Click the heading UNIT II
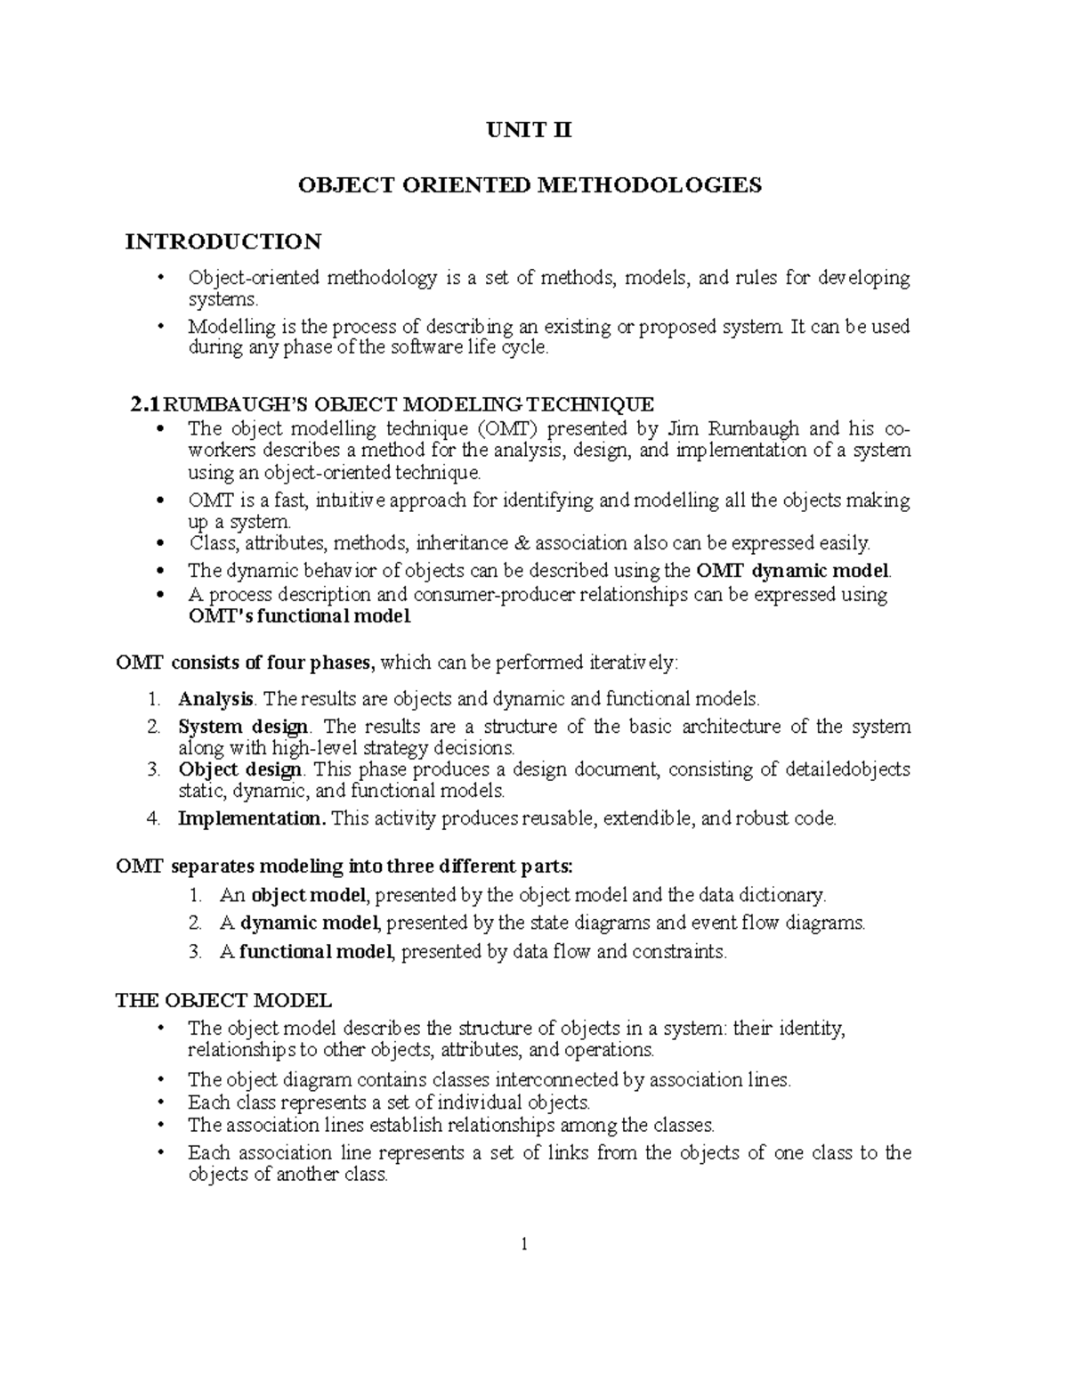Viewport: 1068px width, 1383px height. click(529, 131)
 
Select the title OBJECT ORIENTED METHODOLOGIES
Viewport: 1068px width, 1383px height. click(530, 185)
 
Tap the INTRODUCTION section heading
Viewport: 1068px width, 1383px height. click(223, 241)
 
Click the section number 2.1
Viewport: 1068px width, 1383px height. click(145, 404)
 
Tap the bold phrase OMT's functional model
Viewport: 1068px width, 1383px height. click(299, 616)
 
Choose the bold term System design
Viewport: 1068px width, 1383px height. click(244, 726)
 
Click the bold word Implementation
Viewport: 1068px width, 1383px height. click(253, 818)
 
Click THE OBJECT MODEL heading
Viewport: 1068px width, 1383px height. click(224, 999)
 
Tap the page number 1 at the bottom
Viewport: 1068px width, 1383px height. click(525, 1245)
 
